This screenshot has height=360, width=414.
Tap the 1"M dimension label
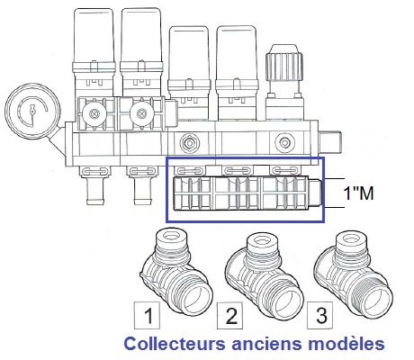(x=358, y=193)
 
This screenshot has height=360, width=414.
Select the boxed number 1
(x=147, y=315)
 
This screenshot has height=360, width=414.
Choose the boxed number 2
(x=230, y=316)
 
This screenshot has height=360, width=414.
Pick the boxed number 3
(x=319, y=315)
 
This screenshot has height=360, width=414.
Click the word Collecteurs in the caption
(x=175, y=344)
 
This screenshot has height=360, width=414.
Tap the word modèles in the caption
(x=346, y=344)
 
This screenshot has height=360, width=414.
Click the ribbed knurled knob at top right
(x=283, y=64)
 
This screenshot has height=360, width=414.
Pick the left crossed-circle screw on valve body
(x=94, y=113)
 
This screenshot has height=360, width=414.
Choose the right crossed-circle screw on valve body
(x=140, y=113)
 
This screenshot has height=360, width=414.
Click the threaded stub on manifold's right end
(x=329, y=143)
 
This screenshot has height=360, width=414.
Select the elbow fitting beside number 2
(x=264, y=275)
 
